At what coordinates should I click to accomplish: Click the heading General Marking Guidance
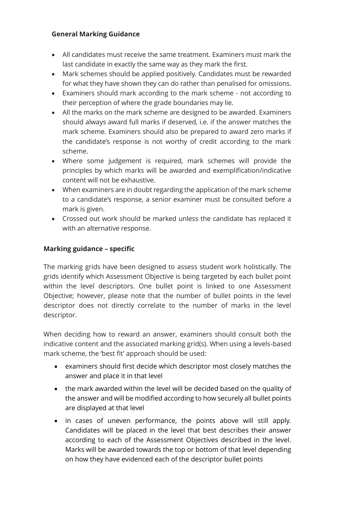coord(96,34)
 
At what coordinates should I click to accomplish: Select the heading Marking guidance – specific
coord(89,249)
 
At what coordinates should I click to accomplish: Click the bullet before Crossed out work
coord(54,219)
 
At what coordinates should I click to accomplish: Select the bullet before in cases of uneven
coord(56,421)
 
